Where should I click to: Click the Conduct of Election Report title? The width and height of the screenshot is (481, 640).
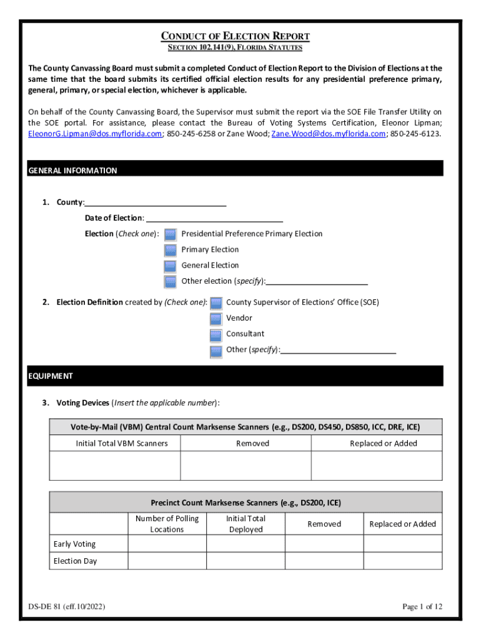pos(236,36)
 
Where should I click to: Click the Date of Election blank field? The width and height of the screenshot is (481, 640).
pos(214,218)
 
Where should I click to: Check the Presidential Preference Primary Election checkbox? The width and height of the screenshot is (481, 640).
pos(171,234)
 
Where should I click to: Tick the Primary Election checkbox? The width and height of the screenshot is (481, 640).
pos(171,250)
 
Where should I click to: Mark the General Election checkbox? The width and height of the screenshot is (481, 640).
pos(171,266)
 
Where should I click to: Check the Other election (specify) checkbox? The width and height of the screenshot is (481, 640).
pos(171,281)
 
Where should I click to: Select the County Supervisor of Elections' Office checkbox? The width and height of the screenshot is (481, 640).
pos(216,303)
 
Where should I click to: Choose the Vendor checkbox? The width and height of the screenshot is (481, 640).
pos(216,319)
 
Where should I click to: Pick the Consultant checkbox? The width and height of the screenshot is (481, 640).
pos(216,334)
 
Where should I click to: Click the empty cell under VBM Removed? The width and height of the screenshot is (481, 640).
pos(245,466)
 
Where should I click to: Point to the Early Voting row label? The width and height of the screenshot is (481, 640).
pos(75,544)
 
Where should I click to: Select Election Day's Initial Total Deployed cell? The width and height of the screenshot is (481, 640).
pos(245,561)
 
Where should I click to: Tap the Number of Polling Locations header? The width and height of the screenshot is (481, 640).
pos(167,524)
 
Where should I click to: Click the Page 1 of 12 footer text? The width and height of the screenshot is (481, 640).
pos(422,607)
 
